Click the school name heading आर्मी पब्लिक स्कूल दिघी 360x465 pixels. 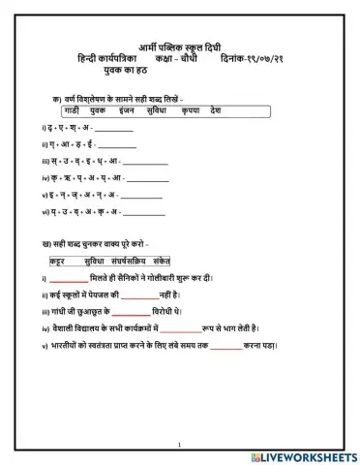(x=184, y=46)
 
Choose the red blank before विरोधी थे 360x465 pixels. (x=131, y=312)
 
